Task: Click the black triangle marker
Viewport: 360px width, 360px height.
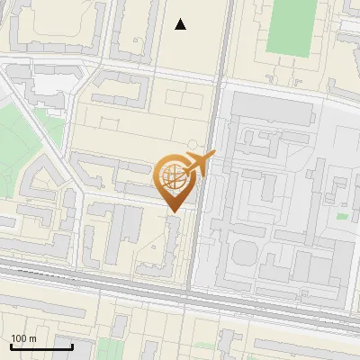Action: coord(181,24)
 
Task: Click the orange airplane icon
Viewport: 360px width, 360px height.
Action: coord(200,164)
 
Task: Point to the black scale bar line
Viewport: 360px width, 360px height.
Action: coord(41,346)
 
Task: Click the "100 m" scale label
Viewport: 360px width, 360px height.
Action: coord(24,338)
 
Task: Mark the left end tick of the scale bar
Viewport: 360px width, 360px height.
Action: coord(12,345)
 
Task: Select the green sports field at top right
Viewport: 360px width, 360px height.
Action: coord(289,25)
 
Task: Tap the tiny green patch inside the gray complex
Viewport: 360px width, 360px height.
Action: coord(342,216)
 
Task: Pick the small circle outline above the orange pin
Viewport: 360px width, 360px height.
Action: coord(192,144)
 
